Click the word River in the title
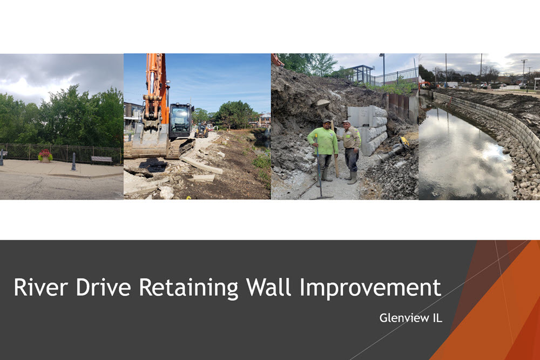pos(40,287)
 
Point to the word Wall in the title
pos(268,287)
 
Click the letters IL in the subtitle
pos(437,318)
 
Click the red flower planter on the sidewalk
pos(45,155)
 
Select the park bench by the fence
pos(102,159)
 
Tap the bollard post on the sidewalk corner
pos(73,162)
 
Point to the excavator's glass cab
pos(180,121)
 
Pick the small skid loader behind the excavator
pos(201,131)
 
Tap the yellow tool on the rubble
pos(404,141)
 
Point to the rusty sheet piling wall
pos(402,107)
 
